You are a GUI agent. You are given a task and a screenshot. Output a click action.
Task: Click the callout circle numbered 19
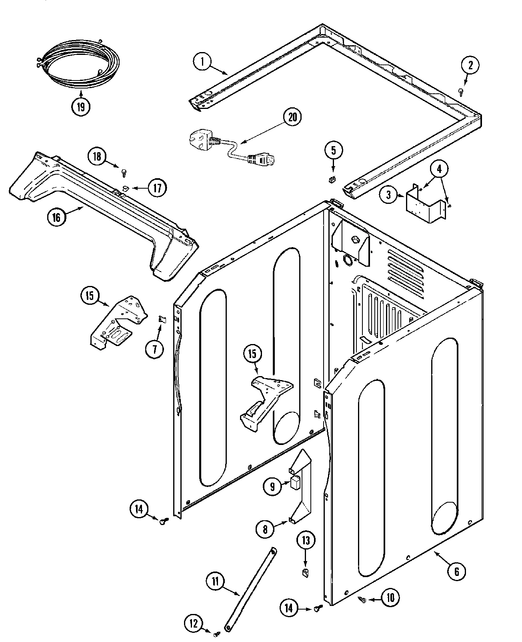(x=81, y=107)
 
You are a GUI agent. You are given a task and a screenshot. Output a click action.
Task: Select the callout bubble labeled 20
(x=293, y=117)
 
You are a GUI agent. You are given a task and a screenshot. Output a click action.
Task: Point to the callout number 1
(x=203, y=62)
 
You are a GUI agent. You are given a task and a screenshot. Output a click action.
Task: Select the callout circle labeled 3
(x=388, y=196)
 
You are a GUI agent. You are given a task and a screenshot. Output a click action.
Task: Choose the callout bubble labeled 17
(x=157, y=187)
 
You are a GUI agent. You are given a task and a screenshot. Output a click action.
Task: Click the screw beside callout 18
(x=124, y=172)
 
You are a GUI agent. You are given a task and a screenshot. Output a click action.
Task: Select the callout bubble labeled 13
(x=306, y=541)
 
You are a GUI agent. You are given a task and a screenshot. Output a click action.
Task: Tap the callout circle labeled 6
(x=457, y=572)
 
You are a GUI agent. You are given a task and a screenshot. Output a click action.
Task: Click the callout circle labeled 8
(x=265, y=529)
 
